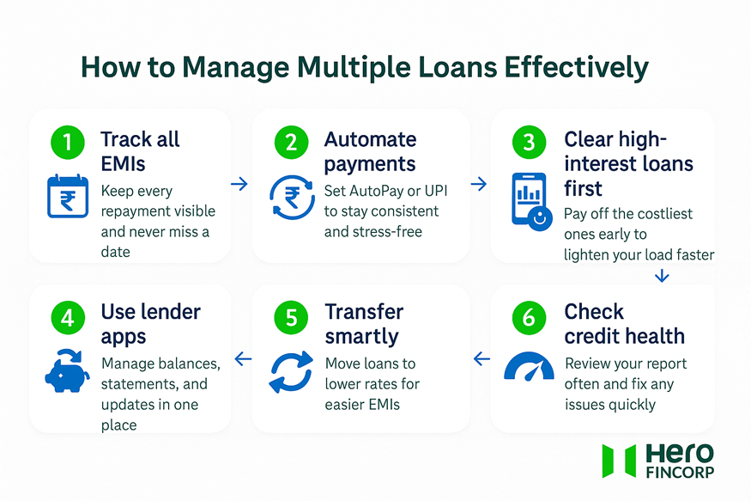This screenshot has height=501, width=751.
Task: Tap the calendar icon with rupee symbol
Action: click(x=67, y=195)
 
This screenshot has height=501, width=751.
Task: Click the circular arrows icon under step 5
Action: click(x=291, y=371)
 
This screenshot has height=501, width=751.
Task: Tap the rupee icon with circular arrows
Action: click(x=291, y=197)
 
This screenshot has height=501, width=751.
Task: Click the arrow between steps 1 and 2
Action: click(x=239, y=184)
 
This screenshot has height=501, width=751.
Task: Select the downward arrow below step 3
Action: click(x=661, y=275)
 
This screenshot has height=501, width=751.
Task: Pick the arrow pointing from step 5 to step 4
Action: click(x=243, y=359)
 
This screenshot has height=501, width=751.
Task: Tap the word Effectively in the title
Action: click(x=577, y=68)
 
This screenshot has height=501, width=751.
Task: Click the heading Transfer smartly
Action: click(x=364, y=323)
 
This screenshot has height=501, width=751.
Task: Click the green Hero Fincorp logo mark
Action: click(x=618, y=460)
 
